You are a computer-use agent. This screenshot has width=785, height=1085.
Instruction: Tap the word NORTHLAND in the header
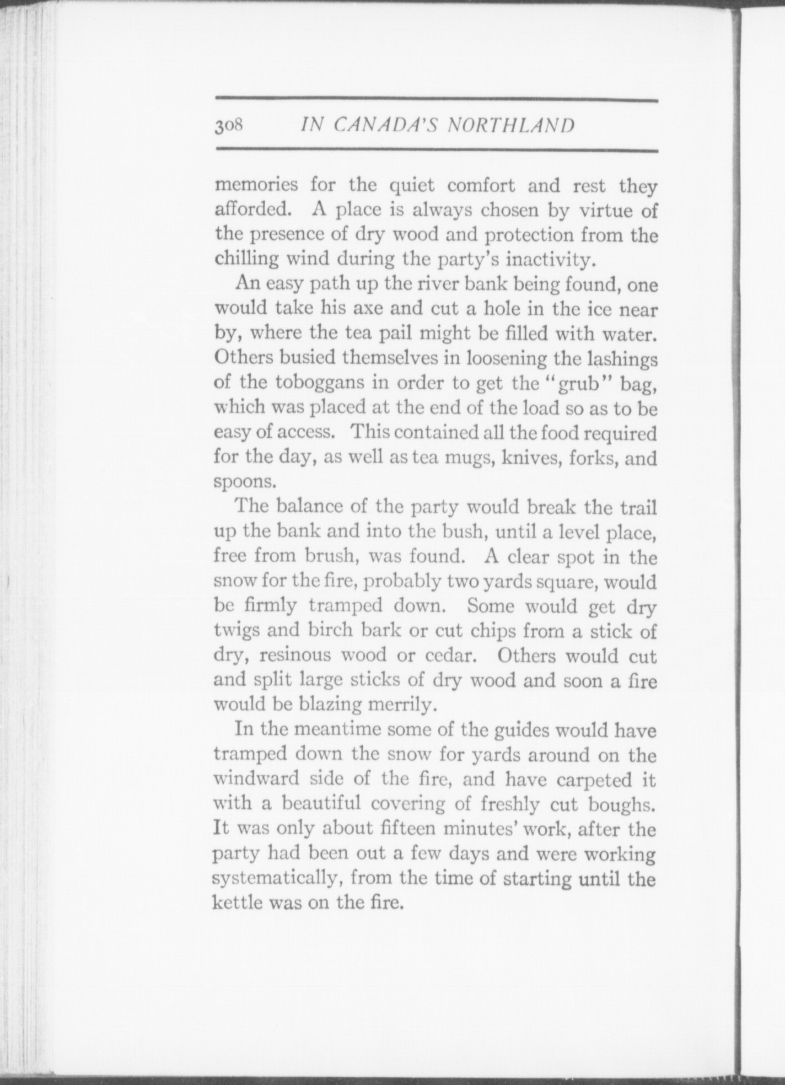click(x=511, y=126)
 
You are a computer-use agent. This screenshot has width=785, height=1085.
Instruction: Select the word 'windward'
click(x=257, y=778)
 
